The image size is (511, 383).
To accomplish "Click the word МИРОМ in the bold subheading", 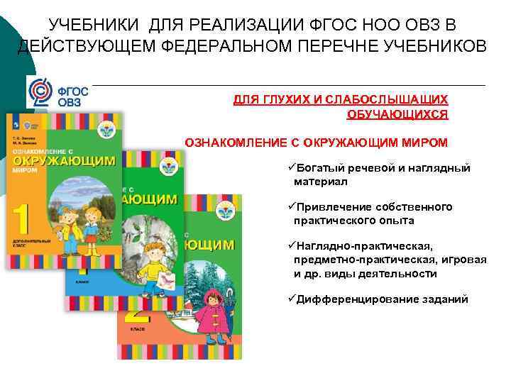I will (x=423, y=143).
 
